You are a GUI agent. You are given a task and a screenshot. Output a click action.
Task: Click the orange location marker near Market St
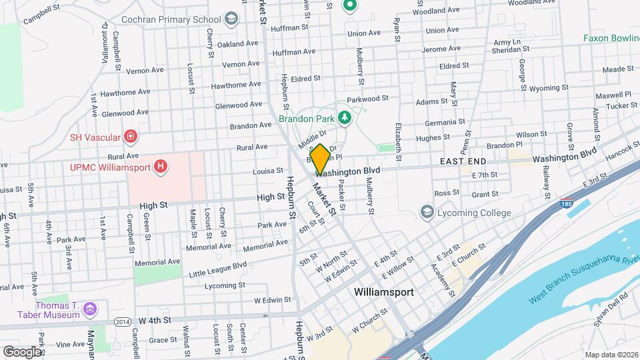320,158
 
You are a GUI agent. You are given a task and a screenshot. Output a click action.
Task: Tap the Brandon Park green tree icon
345,118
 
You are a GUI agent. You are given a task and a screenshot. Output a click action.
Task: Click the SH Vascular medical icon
131,137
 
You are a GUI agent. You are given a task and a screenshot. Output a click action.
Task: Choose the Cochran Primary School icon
231,19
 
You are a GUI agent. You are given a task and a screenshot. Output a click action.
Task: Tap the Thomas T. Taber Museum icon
90,309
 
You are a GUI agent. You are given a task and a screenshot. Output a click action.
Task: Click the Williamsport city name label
383,292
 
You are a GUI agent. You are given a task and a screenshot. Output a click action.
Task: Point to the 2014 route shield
121,321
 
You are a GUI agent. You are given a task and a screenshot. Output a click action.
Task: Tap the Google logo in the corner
21,351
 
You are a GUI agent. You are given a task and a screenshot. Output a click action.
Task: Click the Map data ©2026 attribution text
611,355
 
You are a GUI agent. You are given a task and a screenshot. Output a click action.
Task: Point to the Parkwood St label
367,99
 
